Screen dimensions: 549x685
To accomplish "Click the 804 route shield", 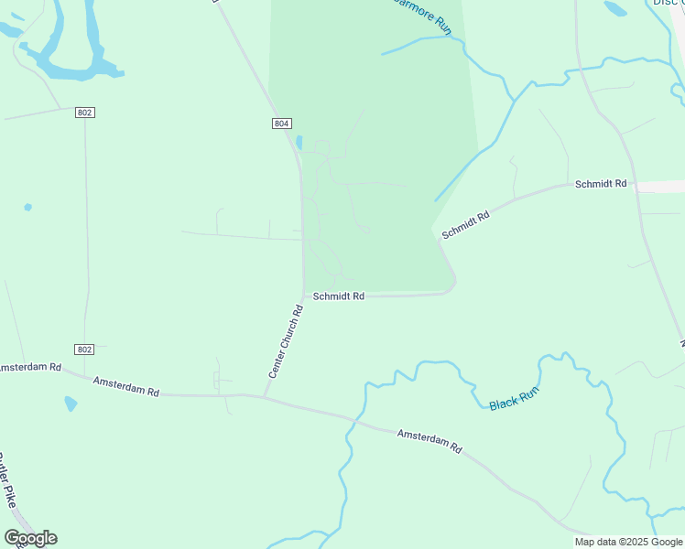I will point(282,124).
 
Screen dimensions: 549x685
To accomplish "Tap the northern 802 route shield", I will point(85,112).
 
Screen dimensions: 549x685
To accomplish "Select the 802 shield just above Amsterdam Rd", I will point(85,350).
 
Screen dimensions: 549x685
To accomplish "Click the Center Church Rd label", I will point(286,342).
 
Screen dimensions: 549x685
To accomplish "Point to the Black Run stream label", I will point(514,398).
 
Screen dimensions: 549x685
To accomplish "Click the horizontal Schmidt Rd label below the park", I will point(339,296).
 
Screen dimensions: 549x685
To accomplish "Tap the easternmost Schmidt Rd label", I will point(601,184).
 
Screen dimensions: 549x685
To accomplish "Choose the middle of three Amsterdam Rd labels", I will point(126,386).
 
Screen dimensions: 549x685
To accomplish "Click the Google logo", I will point(30,538).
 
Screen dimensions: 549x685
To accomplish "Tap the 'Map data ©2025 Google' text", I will point(628,542).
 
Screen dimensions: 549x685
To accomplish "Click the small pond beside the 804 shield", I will point(299,143).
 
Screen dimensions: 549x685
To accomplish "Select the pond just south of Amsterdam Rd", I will point(71,403).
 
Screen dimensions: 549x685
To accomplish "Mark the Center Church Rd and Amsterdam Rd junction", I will point(266,396).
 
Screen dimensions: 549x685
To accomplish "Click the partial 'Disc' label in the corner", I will point(668,3).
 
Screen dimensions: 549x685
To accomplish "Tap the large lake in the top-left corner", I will point(70,46).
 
